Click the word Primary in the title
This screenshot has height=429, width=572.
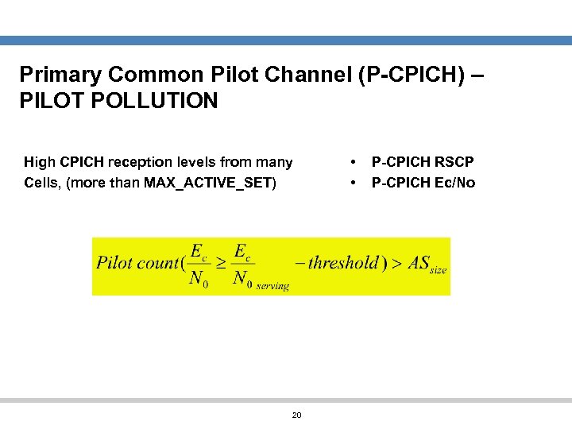tap(59, 75)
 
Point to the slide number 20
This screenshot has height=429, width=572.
tap(297, 415)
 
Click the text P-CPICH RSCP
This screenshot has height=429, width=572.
tap(423, 162)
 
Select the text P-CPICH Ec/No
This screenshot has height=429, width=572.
tap(423, 183)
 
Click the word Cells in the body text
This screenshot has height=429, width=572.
tap(42, 183)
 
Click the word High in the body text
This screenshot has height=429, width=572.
tap(40, 162)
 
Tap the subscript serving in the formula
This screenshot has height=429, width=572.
tap(272, 285)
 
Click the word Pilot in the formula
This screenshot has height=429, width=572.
tap(114, 263)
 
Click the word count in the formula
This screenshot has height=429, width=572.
tap(158, 263)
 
